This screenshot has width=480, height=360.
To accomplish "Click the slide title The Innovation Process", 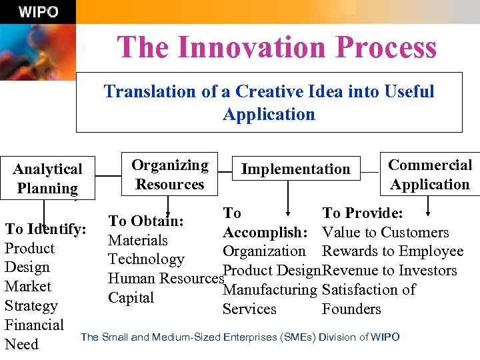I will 277,48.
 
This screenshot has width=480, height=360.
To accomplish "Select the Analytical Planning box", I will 48,179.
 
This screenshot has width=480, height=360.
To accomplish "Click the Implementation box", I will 295,169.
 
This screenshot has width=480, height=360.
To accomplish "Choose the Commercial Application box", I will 430,174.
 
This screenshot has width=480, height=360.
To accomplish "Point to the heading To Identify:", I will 45,229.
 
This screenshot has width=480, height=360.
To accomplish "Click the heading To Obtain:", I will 146,221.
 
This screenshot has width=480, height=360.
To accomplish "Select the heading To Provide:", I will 362,213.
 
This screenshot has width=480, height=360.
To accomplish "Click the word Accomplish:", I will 265,233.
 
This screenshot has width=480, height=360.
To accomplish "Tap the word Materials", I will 138,240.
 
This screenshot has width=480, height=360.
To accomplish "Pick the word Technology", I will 146,259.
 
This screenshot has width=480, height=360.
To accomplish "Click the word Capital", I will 131,297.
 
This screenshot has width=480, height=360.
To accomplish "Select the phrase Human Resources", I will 165,279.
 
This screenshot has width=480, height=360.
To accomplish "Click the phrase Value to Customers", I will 385,233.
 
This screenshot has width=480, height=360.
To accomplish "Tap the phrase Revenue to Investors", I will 390,271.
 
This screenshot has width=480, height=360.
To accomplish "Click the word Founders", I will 351,309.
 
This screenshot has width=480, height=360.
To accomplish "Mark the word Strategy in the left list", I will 31,306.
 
